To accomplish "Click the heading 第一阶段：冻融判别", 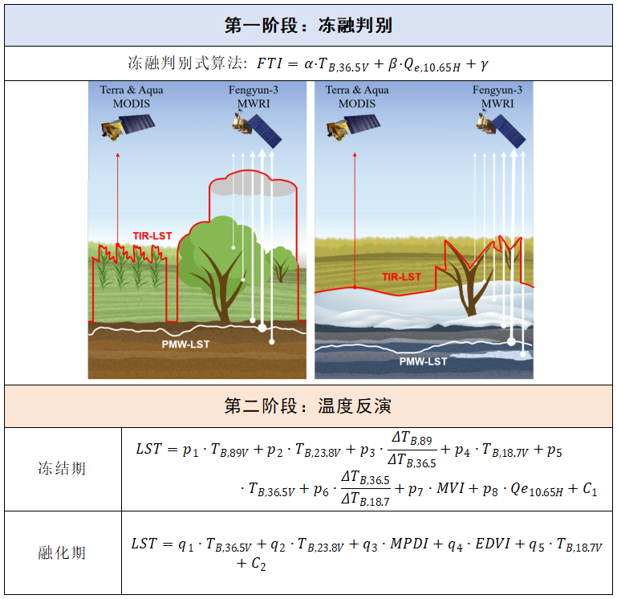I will (308, 25).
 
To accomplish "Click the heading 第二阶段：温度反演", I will (308, 405).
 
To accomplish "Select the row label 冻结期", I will (62, 468).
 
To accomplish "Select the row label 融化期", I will (62, 553).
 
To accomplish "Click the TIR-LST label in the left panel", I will (152, 236).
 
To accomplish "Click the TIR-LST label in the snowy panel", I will (401, 277).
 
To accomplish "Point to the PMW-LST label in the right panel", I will (424, 361).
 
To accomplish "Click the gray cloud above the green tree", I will (253, 185).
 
